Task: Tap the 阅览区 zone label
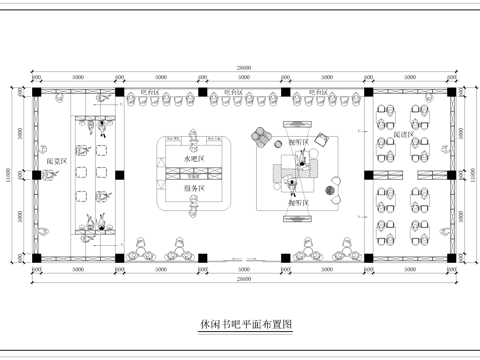(x=57, y=161)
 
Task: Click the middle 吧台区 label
(x=231, y=91)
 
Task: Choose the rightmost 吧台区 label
(x=318, y=91)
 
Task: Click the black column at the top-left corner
(x=36, y=91)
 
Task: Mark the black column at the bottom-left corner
(x=36, y=259)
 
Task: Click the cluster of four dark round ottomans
(x=333, y=185)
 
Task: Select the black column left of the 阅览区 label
(x=36, y=175)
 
